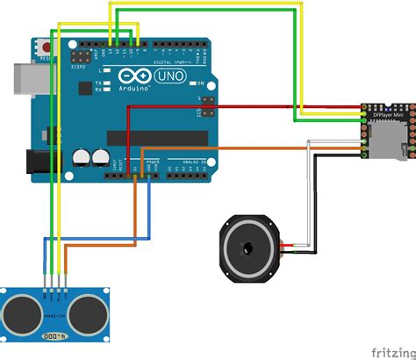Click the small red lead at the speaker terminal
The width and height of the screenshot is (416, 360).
283,244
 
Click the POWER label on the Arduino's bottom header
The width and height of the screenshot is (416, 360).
151,163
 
